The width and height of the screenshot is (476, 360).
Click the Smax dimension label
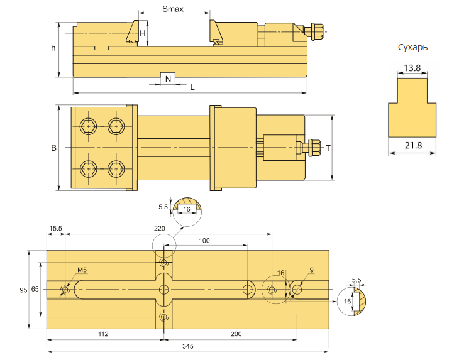tap(172, 9)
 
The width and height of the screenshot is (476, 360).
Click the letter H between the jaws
tap(143, 33)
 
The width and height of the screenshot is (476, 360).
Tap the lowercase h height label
tap(53, 48)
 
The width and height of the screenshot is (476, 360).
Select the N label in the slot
tap(167, 79)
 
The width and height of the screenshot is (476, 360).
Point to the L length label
tap(192, 87)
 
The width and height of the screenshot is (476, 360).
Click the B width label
tap(53, 148)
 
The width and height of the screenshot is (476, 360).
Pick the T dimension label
tap(328, 148)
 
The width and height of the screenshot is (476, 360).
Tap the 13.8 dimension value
tap(412, 67)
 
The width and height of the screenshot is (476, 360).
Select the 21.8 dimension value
tap(412, 146)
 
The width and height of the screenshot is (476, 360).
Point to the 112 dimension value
tap(104, 334)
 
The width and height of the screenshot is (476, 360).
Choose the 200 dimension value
tap(236, 334)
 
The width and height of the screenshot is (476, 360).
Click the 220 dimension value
tap(160, 229)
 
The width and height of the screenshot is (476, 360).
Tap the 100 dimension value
tap(204, 241)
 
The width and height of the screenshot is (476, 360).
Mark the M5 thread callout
tap(82, 271)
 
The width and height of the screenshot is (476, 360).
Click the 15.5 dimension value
tap(55, 229)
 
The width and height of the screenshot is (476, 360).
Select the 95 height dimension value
tap(23, 290)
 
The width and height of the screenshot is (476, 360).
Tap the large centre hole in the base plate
tap(164, 290)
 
